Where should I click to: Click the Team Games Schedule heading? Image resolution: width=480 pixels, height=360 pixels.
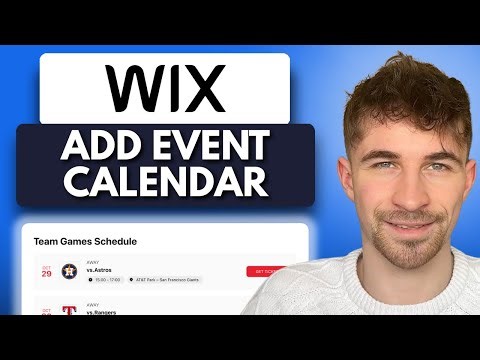pyautogui.click(x=85, y=241)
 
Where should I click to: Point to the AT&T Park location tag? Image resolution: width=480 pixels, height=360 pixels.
pyautogui.click(x=166, y=281)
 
